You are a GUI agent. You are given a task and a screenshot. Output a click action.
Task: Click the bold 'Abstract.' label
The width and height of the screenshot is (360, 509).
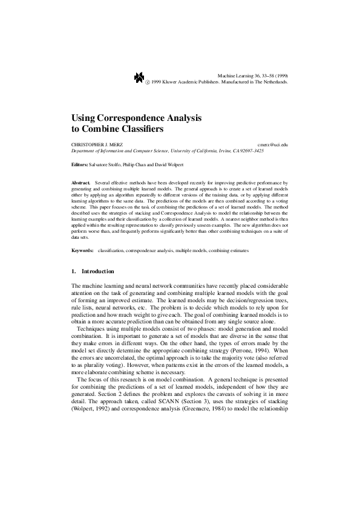80,181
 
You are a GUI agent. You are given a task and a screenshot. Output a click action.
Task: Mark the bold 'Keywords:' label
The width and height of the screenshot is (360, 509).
82,250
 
